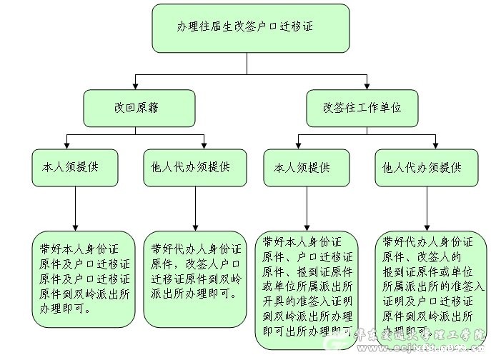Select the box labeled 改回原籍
pos(139,108)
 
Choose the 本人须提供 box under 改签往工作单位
pos(307,169)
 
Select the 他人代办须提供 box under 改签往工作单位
pos(426,169)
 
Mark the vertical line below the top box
pos(247,63)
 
